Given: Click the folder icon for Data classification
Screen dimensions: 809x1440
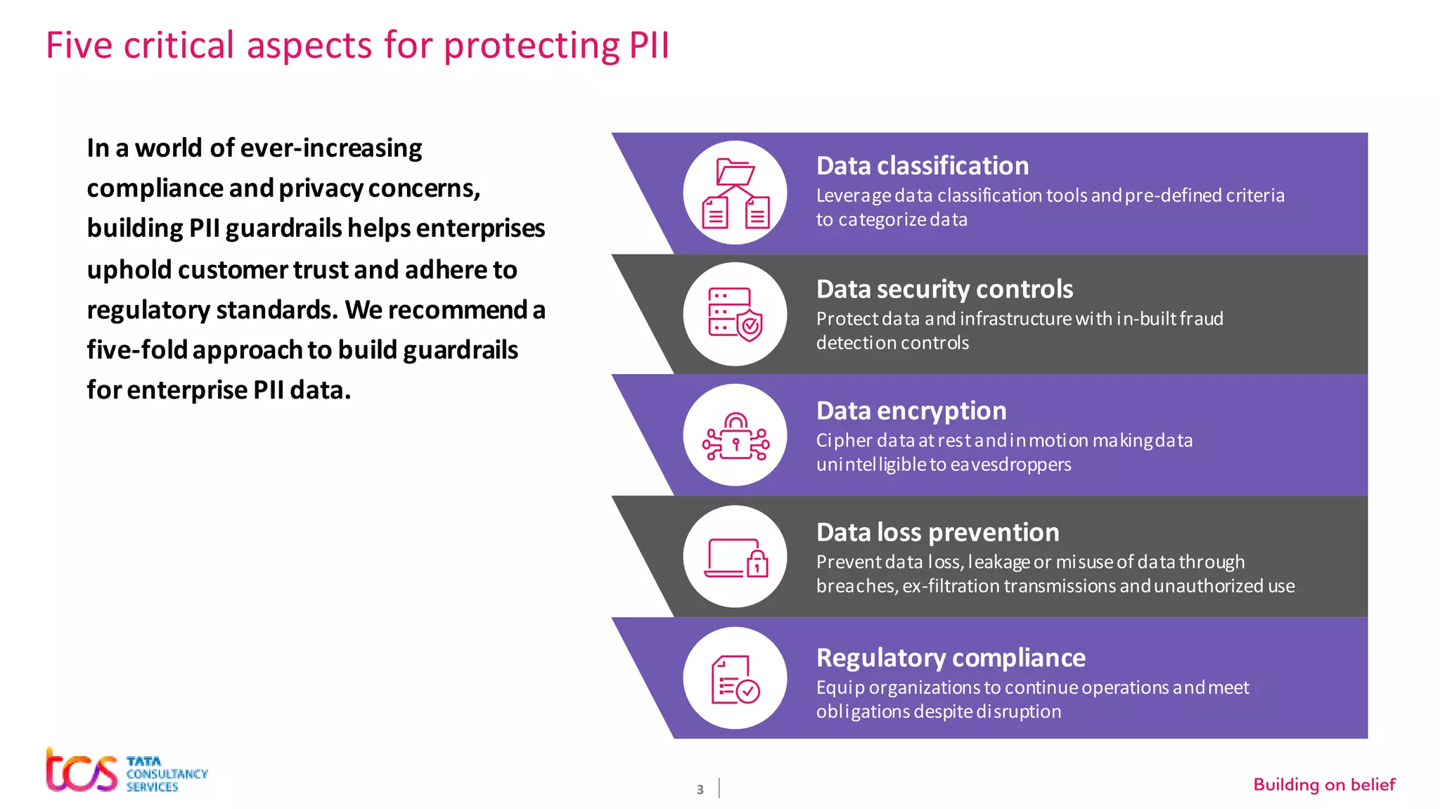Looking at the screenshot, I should tap(735, 193).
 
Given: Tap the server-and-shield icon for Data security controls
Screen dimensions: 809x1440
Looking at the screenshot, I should tap(735, 314).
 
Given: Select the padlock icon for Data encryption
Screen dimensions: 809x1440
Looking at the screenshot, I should tap(735, 436).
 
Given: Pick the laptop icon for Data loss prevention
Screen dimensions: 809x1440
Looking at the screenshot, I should tap(735, 557).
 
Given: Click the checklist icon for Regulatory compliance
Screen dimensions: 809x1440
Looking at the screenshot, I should tap(735, 679).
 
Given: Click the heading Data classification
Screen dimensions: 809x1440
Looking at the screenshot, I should tap(922, 166).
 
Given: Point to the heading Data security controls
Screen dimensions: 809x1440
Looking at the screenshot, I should tap(944, 289).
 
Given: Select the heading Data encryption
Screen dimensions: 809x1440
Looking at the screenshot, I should tap(911, 410).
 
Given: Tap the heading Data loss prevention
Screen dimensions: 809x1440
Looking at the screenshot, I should tap(937, 532).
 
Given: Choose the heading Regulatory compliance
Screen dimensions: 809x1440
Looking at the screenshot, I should tap(951, 657).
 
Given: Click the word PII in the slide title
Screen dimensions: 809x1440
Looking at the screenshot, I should tap(649, 46).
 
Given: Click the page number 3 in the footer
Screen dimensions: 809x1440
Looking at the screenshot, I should tap(700, 789).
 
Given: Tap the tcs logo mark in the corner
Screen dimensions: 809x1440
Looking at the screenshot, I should tap(82, 770).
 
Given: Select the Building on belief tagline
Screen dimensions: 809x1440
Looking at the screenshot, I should tap(1324, 784).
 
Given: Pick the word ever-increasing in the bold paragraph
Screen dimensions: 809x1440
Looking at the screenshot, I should tap(331, 148).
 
